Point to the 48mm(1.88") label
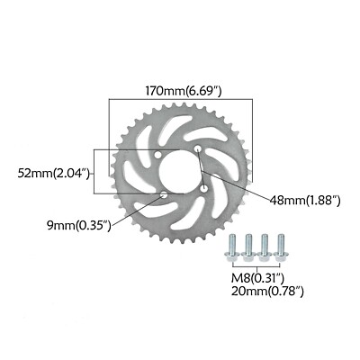(x=297, y=201)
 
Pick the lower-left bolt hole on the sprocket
(x=163, y=193)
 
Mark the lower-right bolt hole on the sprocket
(x=203, y=188)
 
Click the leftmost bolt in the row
(x=233, y=247)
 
